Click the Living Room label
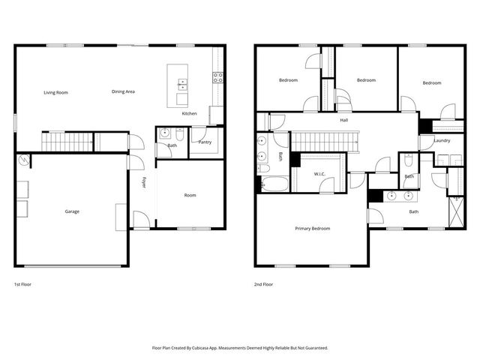click(x=55, y=92)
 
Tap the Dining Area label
click(x=123, y=91)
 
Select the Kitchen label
click(x=190, y=113)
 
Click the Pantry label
click(x=205, y=141)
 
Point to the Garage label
click(x=72, y=211)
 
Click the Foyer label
click(x=144, y=183)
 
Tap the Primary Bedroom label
click(x=312, y=229)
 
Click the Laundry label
click(x=442, y=140)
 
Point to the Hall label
click(x=344, y=119)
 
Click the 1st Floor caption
click(x=22, y=285)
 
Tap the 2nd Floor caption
click(x=263, y=285)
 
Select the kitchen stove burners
click(x=217, y=76)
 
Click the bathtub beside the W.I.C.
click(x=274, y=184)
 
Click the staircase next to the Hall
click(x=325, y=140)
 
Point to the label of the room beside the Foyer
click(x=190, y=195)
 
